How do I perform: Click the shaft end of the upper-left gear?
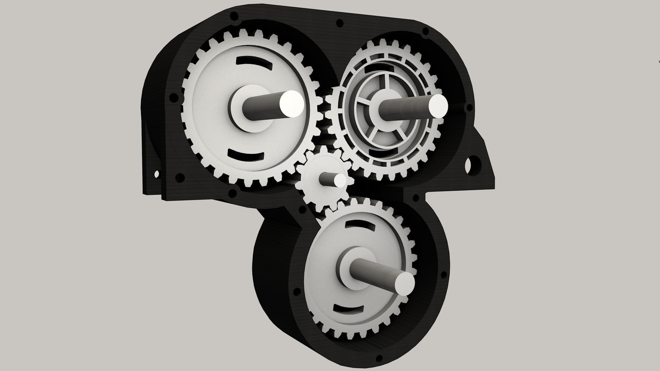point(291,103)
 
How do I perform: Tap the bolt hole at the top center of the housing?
point(339,23)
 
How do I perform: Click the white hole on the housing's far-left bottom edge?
point(157,174)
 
